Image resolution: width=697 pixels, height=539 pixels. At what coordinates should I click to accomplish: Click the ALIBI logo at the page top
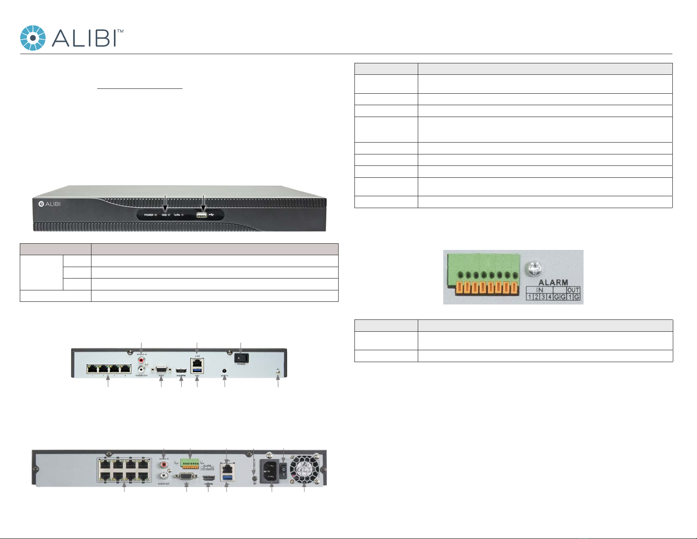pos(72,38)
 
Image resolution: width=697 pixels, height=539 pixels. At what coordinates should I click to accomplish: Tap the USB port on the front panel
pos(202,215)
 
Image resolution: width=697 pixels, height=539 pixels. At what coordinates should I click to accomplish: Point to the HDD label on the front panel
pos(164,215)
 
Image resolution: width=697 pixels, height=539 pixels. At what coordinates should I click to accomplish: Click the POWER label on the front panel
pos(149,215)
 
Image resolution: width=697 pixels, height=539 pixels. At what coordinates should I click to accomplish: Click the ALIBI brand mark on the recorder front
pos(49,204)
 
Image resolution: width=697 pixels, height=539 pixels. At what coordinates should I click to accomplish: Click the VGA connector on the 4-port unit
pos(161,370)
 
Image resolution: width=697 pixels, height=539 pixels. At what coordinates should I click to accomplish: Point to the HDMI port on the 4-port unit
pos(181,372)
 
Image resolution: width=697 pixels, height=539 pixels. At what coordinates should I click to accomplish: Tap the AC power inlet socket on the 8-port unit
pos(269,471)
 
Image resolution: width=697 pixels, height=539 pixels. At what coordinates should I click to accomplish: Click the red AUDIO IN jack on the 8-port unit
pos(164,464)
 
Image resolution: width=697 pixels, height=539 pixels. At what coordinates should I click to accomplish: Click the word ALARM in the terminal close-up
pos(553,282)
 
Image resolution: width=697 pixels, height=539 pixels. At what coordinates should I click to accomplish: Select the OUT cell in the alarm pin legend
pos(573,290)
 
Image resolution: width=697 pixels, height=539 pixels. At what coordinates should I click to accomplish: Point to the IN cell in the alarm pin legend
pos(540,290)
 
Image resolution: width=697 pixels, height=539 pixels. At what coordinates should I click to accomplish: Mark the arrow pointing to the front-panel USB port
pos(204,202)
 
